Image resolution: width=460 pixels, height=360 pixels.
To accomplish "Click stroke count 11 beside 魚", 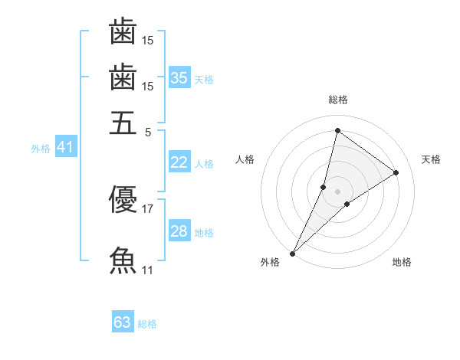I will [x=148, y=270].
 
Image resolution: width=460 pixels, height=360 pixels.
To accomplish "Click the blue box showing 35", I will [x=179, y=77].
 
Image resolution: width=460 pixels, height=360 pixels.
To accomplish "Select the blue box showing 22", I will [x=179, y=162].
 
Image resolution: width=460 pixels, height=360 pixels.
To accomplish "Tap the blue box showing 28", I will [x=179, y=231].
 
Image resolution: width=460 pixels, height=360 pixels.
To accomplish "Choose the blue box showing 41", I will [x=65, y=147].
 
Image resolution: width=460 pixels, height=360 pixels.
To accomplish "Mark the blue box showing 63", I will [x=123, y=322].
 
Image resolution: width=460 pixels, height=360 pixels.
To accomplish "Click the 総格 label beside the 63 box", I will [x=147, y=324].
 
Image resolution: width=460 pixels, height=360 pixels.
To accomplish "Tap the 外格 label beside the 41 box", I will [x=41, y=149].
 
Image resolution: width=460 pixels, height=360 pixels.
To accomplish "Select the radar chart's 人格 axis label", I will [x=245, y=159].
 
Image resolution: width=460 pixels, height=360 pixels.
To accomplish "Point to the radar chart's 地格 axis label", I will [x=402, y=263].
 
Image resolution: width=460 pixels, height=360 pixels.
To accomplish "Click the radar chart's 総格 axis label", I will [x=337, y=100].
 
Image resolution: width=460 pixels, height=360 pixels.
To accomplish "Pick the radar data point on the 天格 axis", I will [x=396, y=172].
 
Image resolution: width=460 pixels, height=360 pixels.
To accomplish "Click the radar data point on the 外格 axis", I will [x=292, y=254].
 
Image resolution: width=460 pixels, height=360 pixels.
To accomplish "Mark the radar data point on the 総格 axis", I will [x=337, y=131].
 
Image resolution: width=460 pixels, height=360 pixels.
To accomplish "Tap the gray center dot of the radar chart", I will [x=337, y=191].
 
